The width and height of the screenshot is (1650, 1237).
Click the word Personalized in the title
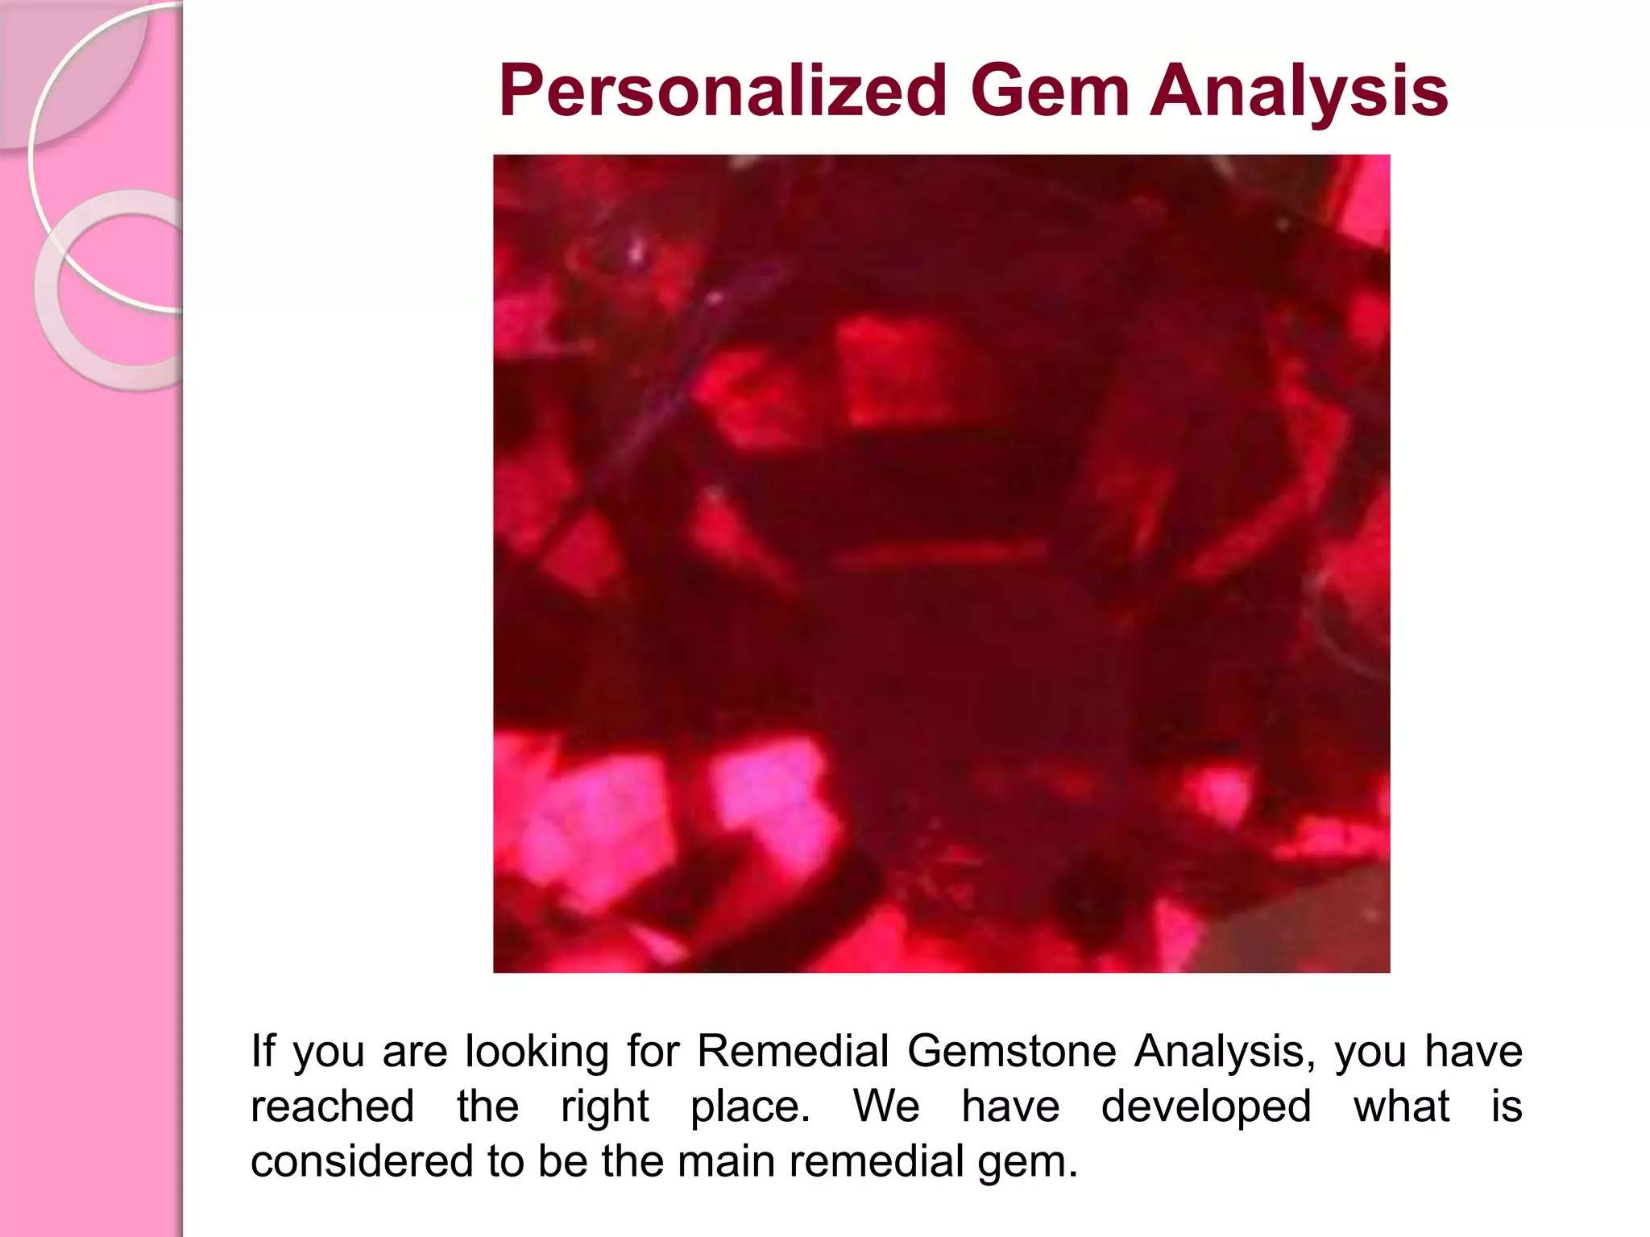(722, 92)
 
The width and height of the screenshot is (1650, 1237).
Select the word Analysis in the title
(1298, 92)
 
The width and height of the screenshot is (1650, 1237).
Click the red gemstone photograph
(941, 563)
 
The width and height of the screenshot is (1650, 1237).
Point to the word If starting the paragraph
(263, 1051)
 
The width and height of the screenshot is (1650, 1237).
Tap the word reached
(332, 1107)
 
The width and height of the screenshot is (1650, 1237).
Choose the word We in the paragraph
(885, 1107)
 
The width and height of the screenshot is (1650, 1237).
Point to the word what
(1401, 1107)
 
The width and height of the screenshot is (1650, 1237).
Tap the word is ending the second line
(1506, 1107)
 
